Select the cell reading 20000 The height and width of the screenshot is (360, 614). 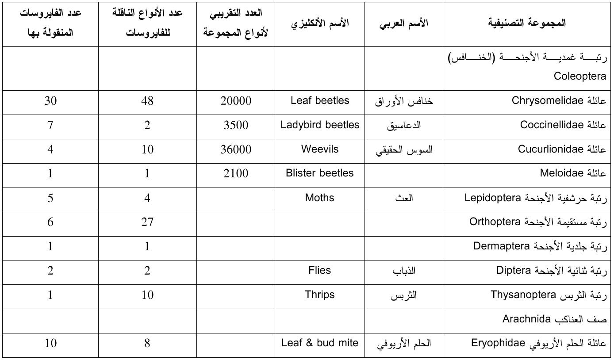(236, 101)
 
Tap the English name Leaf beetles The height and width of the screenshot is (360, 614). (320, 101)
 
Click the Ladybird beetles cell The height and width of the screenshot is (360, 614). (320, 125)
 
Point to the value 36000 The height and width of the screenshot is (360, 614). (236, 149)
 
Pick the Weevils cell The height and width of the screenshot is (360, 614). (320, 149)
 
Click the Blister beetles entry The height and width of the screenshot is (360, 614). (320, 173)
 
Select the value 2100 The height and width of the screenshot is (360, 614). (236, 173)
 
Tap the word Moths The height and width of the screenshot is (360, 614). (320, 197)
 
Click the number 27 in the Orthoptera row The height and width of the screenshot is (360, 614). (147, 222)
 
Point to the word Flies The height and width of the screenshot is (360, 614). (320, 270)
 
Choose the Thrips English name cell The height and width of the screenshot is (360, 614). (320, 295)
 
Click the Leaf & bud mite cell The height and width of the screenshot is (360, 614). (320, 343)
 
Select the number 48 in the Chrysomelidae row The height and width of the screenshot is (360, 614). (147, 101)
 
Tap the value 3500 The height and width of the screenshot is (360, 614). (236, 125)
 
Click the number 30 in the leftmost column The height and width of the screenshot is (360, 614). (50, 101)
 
